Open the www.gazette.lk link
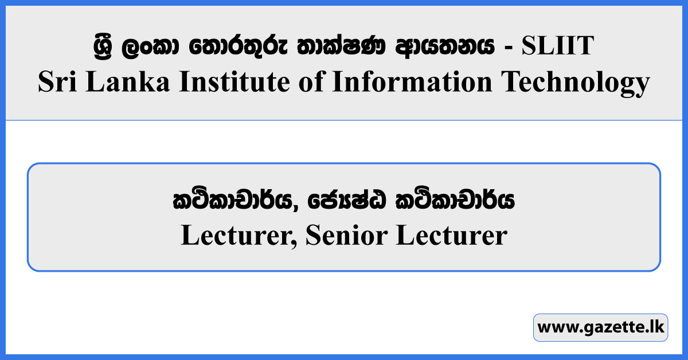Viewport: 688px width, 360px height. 600,328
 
